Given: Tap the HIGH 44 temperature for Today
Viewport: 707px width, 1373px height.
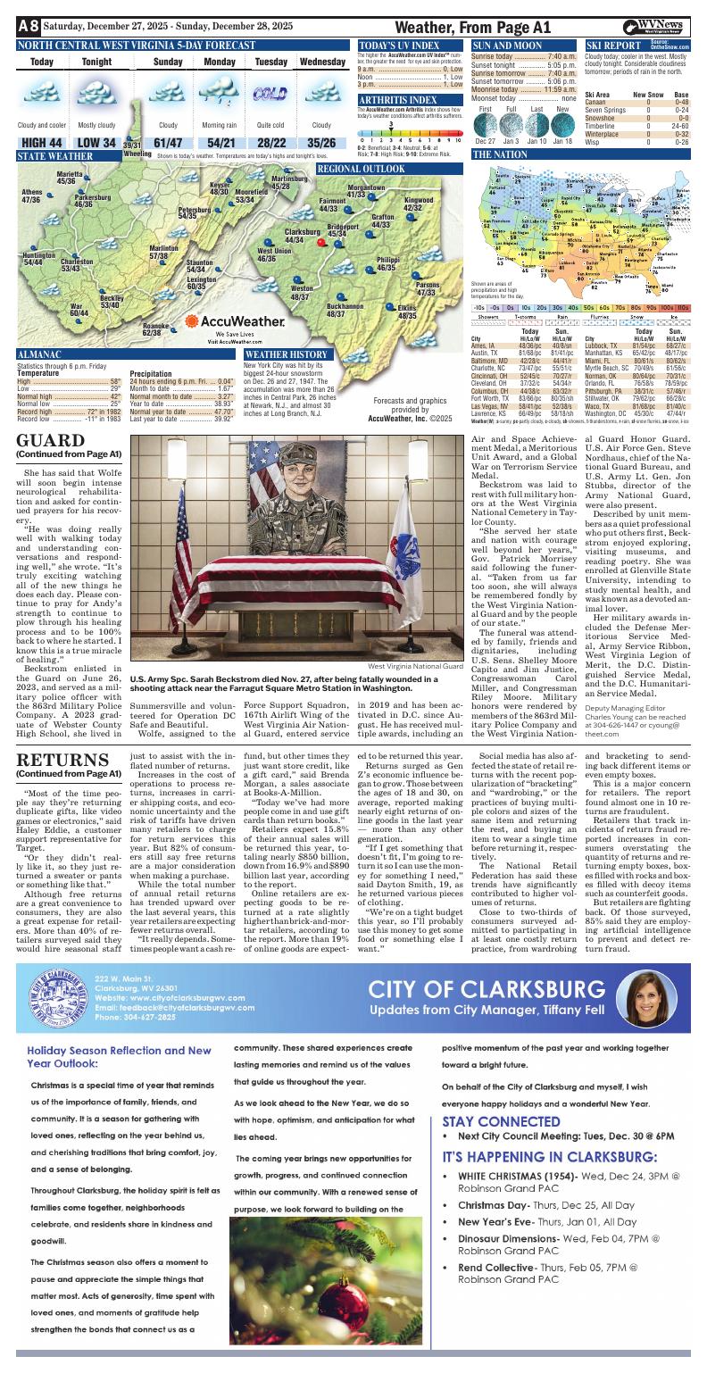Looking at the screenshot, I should pos(41,143).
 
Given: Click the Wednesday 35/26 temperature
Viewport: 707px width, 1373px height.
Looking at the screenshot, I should pos(321,143).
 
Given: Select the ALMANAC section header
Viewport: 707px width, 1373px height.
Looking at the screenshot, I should pos(39,354).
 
